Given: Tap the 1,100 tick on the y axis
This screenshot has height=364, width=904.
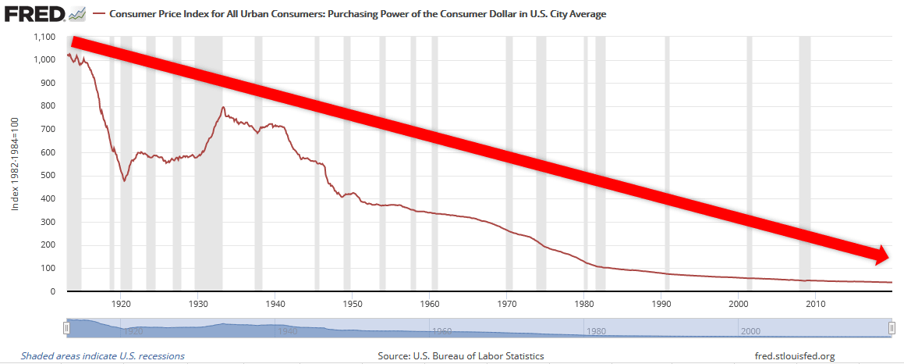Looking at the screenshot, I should click(x=43, y=37).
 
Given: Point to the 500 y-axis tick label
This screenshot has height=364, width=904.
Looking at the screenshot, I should click(x=48, y=176).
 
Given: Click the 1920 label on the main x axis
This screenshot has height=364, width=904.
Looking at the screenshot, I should click(x=121, y=303).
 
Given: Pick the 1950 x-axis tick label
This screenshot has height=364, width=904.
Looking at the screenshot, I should click(x=352, y=303).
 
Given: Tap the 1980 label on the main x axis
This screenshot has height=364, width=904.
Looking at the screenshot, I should click(x=584, y=303).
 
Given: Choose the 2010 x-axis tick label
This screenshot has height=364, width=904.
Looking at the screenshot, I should click(x=816, y=303).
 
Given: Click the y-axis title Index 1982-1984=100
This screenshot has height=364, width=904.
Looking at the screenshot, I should click(x=13, y=164).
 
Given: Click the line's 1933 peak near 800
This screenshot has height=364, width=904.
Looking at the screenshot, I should click(x=223, y=108).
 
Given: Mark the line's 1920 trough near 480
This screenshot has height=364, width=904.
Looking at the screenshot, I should click(x=124, y=180).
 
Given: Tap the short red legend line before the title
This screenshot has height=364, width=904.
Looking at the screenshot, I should click(x=99, y=14).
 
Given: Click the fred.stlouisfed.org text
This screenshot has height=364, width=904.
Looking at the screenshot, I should click(x=795, y=356).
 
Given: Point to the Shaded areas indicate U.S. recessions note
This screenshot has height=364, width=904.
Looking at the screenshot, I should click(x=103, y=356).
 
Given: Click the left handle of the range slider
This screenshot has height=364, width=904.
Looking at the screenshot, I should click(x=67, y=329).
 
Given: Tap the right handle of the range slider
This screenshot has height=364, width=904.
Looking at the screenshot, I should click(x=892, y=329).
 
